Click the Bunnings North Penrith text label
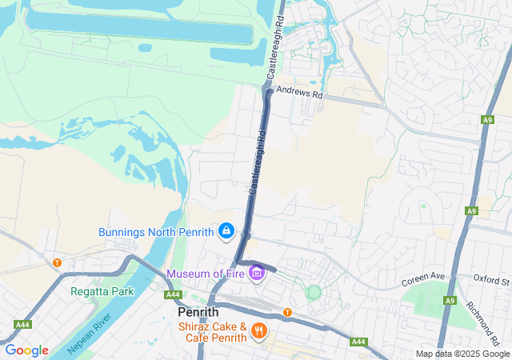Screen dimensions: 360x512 coord(156,233)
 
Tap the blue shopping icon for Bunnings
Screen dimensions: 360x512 coord(226,232)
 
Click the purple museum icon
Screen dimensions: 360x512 coord(257,274)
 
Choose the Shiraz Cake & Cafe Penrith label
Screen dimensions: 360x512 coord(211,328)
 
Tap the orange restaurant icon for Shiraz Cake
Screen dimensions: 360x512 coord(258,329)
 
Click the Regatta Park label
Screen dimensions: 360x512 coord(102,291)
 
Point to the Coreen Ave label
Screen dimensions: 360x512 coord(422,278)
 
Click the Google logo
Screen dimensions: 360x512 coord(26,350)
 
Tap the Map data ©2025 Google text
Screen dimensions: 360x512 coord(462,354)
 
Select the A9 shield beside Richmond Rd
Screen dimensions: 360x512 coord(450,301)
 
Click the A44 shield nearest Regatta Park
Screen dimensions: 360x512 coord(22,325)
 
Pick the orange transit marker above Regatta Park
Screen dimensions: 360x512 coord(57,262)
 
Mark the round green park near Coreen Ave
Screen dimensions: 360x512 coord(314,293)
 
